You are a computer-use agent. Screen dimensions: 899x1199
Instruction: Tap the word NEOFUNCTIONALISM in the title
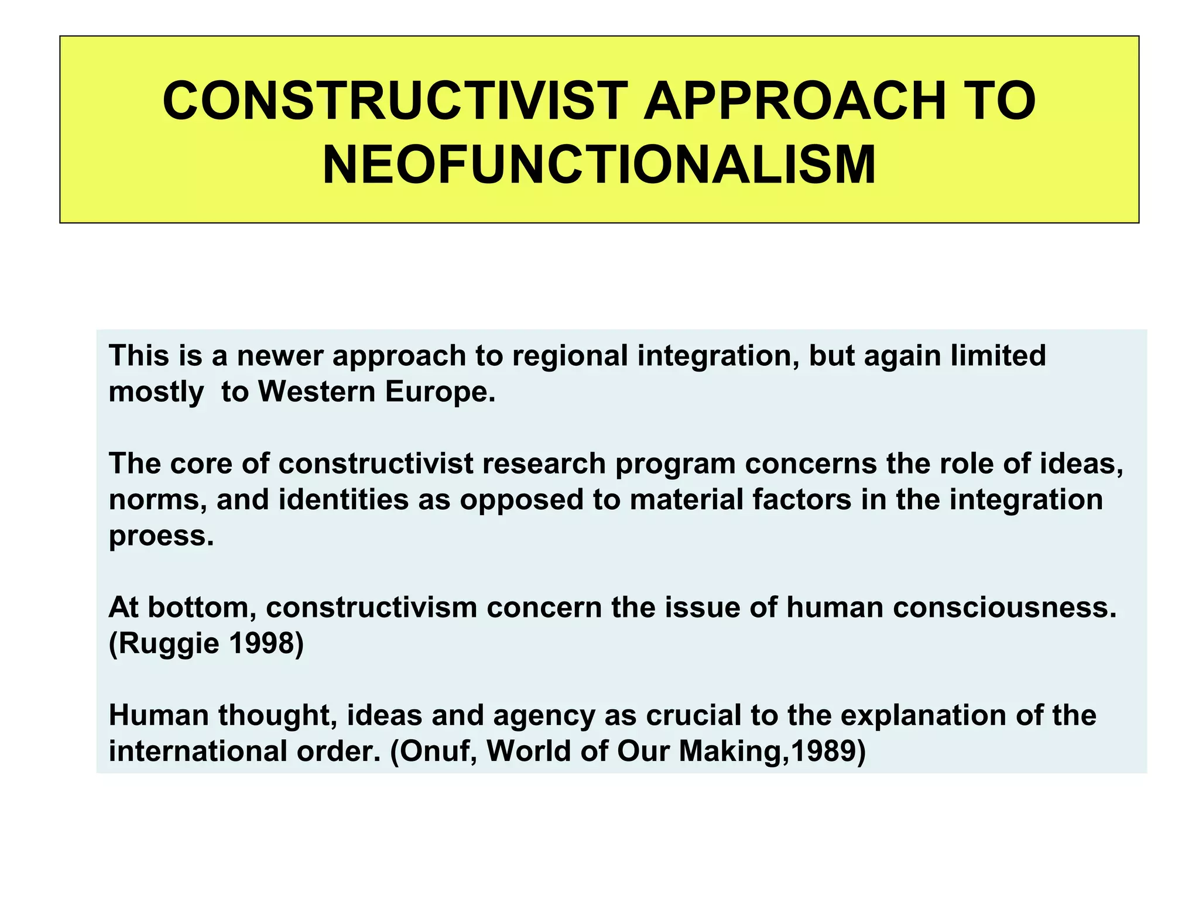click(x=599, y=165)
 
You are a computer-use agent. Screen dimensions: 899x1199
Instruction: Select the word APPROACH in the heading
click(x=795, y=101)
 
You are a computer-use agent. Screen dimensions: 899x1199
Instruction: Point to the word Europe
click(x=440, y=392)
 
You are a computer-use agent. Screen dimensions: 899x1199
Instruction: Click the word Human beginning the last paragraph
click(x=158, y=715)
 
